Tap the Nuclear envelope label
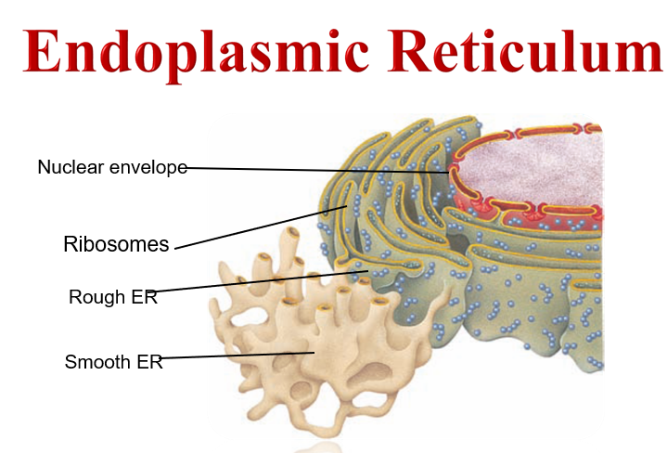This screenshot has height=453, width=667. click(112, 167)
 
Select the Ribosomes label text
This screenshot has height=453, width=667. click(116, 244)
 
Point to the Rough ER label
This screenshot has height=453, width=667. click(113, 297)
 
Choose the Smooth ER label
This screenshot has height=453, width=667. click(113, 362)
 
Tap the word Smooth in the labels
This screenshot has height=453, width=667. click(97, 362)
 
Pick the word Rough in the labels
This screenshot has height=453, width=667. click(97, 297)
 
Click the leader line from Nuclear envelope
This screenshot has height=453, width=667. click(317, 170)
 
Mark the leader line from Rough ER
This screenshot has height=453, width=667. click(261, 281)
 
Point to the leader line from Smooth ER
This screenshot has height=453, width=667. click(236, 356)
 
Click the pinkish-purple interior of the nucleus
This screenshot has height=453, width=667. click(532, 170)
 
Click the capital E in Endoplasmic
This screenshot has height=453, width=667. click(42, 50)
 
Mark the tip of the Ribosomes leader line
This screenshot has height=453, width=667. click(347, 206)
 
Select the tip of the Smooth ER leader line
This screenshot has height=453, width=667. click(314, 353)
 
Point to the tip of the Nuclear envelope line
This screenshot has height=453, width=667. click(448, 173)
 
